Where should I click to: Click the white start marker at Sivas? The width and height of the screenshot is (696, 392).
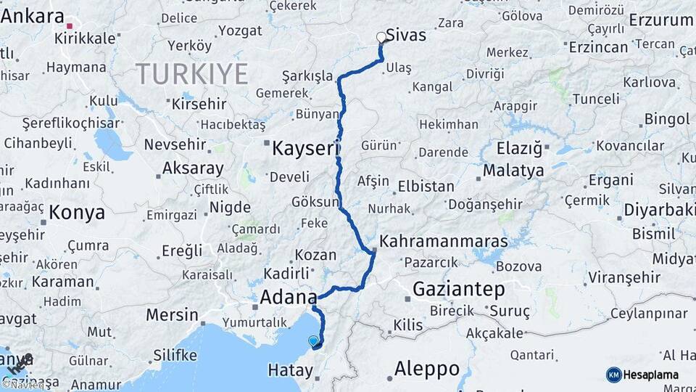click(381, 37)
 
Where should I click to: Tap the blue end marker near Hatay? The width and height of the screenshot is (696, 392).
click(313, 340)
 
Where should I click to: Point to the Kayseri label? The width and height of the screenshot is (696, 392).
click(305, 150)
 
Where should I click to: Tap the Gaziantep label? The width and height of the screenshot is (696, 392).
click(458, 290)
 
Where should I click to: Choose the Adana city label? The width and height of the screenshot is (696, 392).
click(288, 297)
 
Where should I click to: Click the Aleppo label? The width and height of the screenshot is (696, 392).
click(426, 369)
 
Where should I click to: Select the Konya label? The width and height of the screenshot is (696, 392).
click(77, 213)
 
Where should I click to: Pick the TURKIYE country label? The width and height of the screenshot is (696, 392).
click(191, 75)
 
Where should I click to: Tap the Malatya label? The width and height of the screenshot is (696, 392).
click(516, 171)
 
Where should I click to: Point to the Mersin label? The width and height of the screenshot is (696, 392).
click(172, 315)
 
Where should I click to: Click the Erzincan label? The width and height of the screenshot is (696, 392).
click(598, 47)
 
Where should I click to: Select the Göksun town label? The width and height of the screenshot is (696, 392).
click(315, 202)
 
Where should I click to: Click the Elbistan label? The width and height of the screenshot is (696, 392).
click(426, 187)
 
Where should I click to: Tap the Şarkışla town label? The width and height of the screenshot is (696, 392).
click(307, 76)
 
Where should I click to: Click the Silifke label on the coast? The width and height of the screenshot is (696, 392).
click(175, 356)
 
